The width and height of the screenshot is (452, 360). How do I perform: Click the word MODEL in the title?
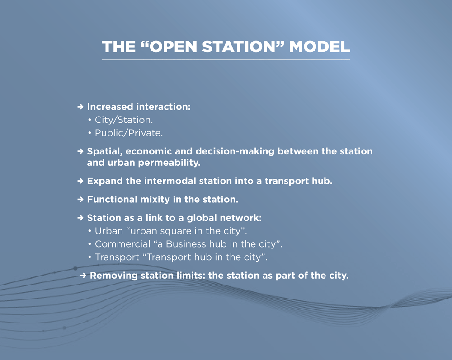(320, 47)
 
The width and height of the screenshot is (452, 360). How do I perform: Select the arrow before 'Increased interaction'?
(80, 107)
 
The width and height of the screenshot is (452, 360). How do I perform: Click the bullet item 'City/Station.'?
(124, 120)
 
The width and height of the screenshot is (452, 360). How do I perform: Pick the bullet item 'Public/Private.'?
(128, 133)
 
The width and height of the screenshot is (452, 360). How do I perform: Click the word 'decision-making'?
(235, 151)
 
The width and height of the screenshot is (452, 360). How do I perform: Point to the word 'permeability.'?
(169, 163)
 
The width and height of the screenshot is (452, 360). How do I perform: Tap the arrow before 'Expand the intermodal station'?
(80, 181)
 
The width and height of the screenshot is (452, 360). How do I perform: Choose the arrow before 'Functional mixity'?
(80, 200)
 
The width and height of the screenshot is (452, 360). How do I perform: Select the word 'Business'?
(186, 244)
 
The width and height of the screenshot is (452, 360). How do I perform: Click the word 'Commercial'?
(122, 244)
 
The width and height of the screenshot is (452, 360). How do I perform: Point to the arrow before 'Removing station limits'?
(83, 276)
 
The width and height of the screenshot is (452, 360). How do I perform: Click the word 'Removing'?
(114, 276)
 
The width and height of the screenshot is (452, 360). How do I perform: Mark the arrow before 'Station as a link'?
(80, 218)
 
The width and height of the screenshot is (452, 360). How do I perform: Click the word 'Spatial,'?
(105, 151)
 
